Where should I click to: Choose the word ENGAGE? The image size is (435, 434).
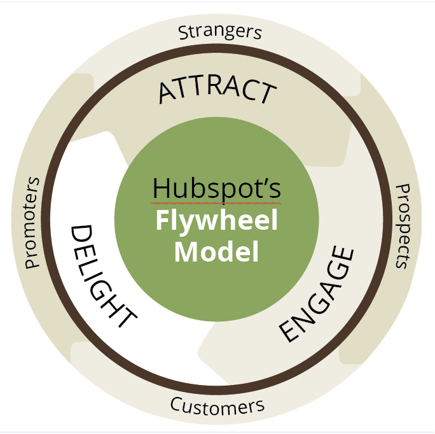(x=316, y=294)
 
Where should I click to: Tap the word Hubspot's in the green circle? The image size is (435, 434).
(x=217, y=189)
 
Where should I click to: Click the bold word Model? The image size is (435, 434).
(x=217, y=252)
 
